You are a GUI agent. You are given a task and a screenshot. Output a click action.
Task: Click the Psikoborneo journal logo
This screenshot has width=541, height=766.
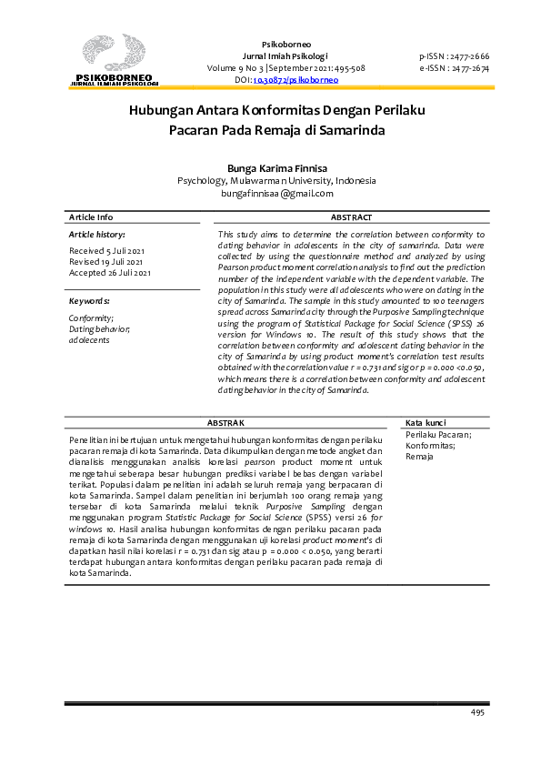coord(115,60)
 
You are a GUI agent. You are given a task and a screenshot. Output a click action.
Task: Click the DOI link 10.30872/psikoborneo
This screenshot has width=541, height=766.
coord(295,80)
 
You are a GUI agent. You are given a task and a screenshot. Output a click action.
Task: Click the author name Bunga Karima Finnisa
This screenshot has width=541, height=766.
coord(276,167)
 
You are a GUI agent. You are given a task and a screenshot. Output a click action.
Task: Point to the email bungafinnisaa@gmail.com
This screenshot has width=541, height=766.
coord(276,193)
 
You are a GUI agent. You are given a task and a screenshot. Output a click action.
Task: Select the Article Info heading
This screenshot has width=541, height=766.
coord(92,217)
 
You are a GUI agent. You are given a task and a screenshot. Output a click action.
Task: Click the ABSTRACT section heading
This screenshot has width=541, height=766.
coord(350,217)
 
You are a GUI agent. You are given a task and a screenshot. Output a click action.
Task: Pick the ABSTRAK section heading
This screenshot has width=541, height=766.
coord(225,423)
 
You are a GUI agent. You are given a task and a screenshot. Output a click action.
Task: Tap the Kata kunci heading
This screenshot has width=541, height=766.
coord(426,423)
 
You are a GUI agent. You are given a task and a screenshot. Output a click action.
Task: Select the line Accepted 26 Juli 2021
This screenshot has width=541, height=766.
coord(109,272)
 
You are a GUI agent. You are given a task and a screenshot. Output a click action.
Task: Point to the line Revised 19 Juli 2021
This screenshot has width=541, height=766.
coord(105,261)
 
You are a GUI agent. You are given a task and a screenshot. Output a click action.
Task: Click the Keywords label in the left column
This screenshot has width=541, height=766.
coord(90,300)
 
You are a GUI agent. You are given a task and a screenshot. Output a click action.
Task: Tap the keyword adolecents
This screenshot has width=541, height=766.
coord(89,339)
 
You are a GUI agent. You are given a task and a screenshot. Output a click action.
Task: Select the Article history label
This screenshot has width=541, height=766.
coord(96,235)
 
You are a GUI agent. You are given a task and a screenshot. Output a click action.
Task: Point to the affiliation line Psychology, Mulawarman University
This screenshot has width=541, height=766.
coord(276,180)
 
